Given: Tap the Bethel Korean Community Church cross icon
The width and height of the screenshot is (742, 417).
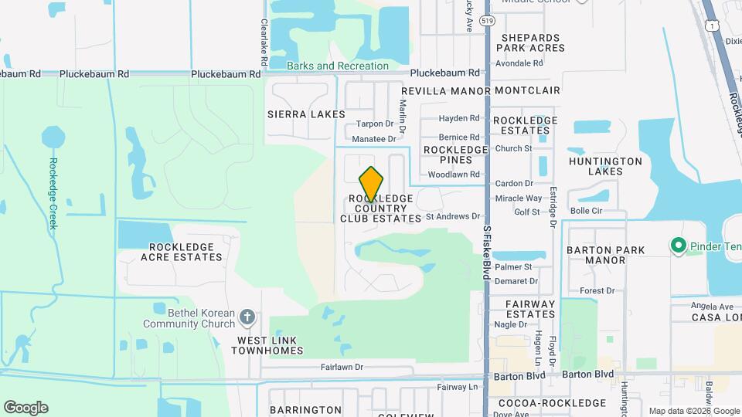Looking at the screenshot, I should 247,317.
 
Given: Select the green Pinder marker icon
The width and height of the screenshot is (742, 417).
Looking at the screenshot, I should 679,246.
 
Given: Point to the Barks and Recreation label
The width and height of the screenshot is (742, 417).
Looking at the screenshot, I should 338,66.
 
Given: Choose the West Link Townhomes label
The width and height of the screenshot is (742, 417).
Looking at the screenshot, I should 270,345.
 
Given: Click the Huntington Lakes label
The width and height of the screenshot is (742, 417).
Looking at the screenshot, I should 605,167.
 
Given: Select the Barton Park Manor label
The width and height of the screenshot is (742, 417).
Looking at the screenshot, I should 606,256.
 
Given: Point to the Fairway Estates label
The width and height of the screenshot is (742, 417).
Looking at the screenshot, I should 530,309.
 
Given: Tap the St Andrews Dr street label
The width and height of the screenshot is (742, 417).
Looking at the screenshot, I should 453,217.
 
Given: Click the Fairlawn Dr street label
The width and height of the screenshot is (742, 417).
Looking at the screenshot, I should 342,368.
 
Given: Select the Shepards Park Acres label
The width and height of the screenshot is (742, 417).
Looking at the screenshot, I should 532,42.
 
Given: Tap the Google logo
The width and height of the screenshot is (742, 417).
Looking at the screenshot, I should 26,408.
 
